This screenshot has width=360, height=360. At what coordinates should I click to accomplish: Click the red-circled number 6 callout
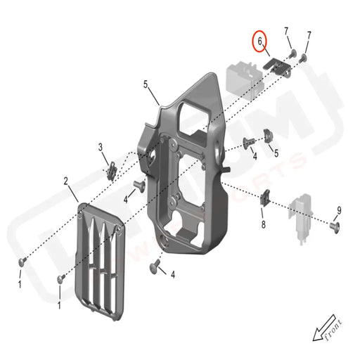coord(260,42)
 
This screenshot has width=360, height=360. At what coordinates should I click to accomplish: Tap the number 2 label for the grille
coord(66,181)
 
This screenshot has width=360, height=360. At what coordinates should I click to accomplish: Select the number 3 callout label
coord(101,147)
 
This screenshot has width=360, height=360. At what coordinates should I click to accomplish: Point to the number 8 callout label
coord(263,224)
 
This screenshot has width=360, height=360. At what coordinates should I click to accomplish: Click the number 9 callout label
coord(338,210)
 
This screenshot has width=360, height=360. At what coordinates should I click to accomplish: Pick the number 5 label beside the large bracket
coord(146,84)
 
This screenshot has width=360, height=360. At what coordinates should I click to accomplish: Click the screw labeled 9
coord(335,226)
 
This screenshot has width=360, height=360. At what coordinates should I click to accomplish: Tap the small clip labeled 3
coord(112,169)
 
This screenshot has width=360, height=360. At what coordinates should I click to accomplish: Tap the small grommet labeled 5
coord(268,136)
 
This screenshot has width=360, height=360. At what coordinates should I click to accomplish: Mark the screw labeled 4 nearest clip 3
coord(138,186)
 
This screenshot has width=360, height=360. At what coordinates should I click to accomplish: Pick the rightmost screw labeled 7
coord(304,58)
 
